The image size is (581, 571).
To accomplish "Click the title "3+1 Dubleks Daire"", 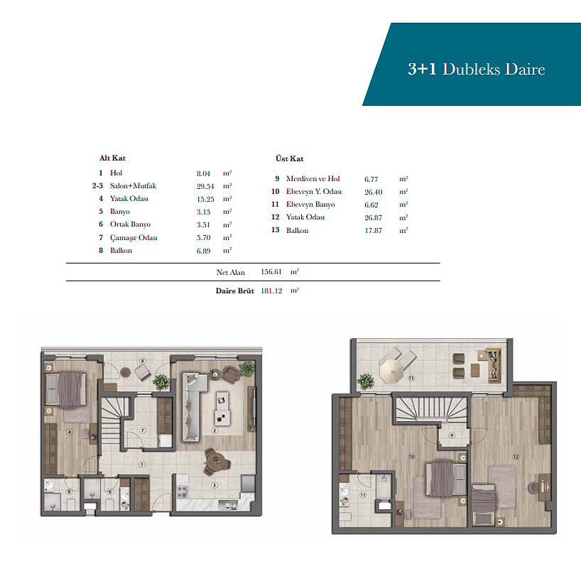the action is [x=477, y=70].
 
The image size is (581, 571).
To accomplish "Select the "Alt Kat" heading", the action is [x=112, y=158].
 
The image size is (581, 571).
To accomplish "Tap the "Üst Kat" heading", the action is [x=289, y=158].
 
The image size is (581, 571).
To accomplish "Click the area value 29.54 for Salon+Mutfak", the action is [x=205, y=186].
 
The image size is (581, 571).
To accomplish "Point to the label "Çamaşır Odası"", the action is [x=134, y=237].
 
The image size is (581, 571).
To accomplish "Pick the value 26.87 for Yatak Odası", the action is [x=373, y=217].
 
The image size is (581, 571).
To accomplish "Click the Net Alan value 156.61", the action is [x=271, y=271].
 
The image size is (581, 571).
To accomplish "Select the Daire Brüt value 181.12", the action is [x=271, y=290].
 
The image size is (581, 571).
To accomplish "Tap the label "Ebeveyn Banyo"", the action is [x=310, y=204].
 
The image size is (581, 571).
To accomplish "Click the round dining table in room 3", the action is [x=215, y=461].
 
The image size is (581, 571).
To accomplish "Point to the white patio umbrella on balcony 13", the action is [x=391, y=371].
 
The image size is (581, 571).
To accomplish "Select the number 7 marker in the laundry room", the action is [x=143, y=430].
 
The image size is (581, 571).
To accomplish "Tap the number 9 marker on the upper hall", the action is [x=452, y=435].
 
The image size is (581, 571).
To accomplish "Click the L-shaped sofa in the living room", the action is [x=192, y=406].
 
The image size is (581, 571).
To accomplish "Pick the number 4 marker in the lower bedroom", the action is [x=70, y=432].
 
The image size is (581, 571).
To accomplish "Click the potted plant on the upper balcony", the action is [x=366, y=381].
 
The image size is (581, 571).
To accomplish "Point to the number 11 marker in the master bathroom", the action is [x=363, y=495].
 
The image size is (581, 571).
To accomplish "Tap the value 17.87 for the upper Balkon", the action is [x=373, y=231].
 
